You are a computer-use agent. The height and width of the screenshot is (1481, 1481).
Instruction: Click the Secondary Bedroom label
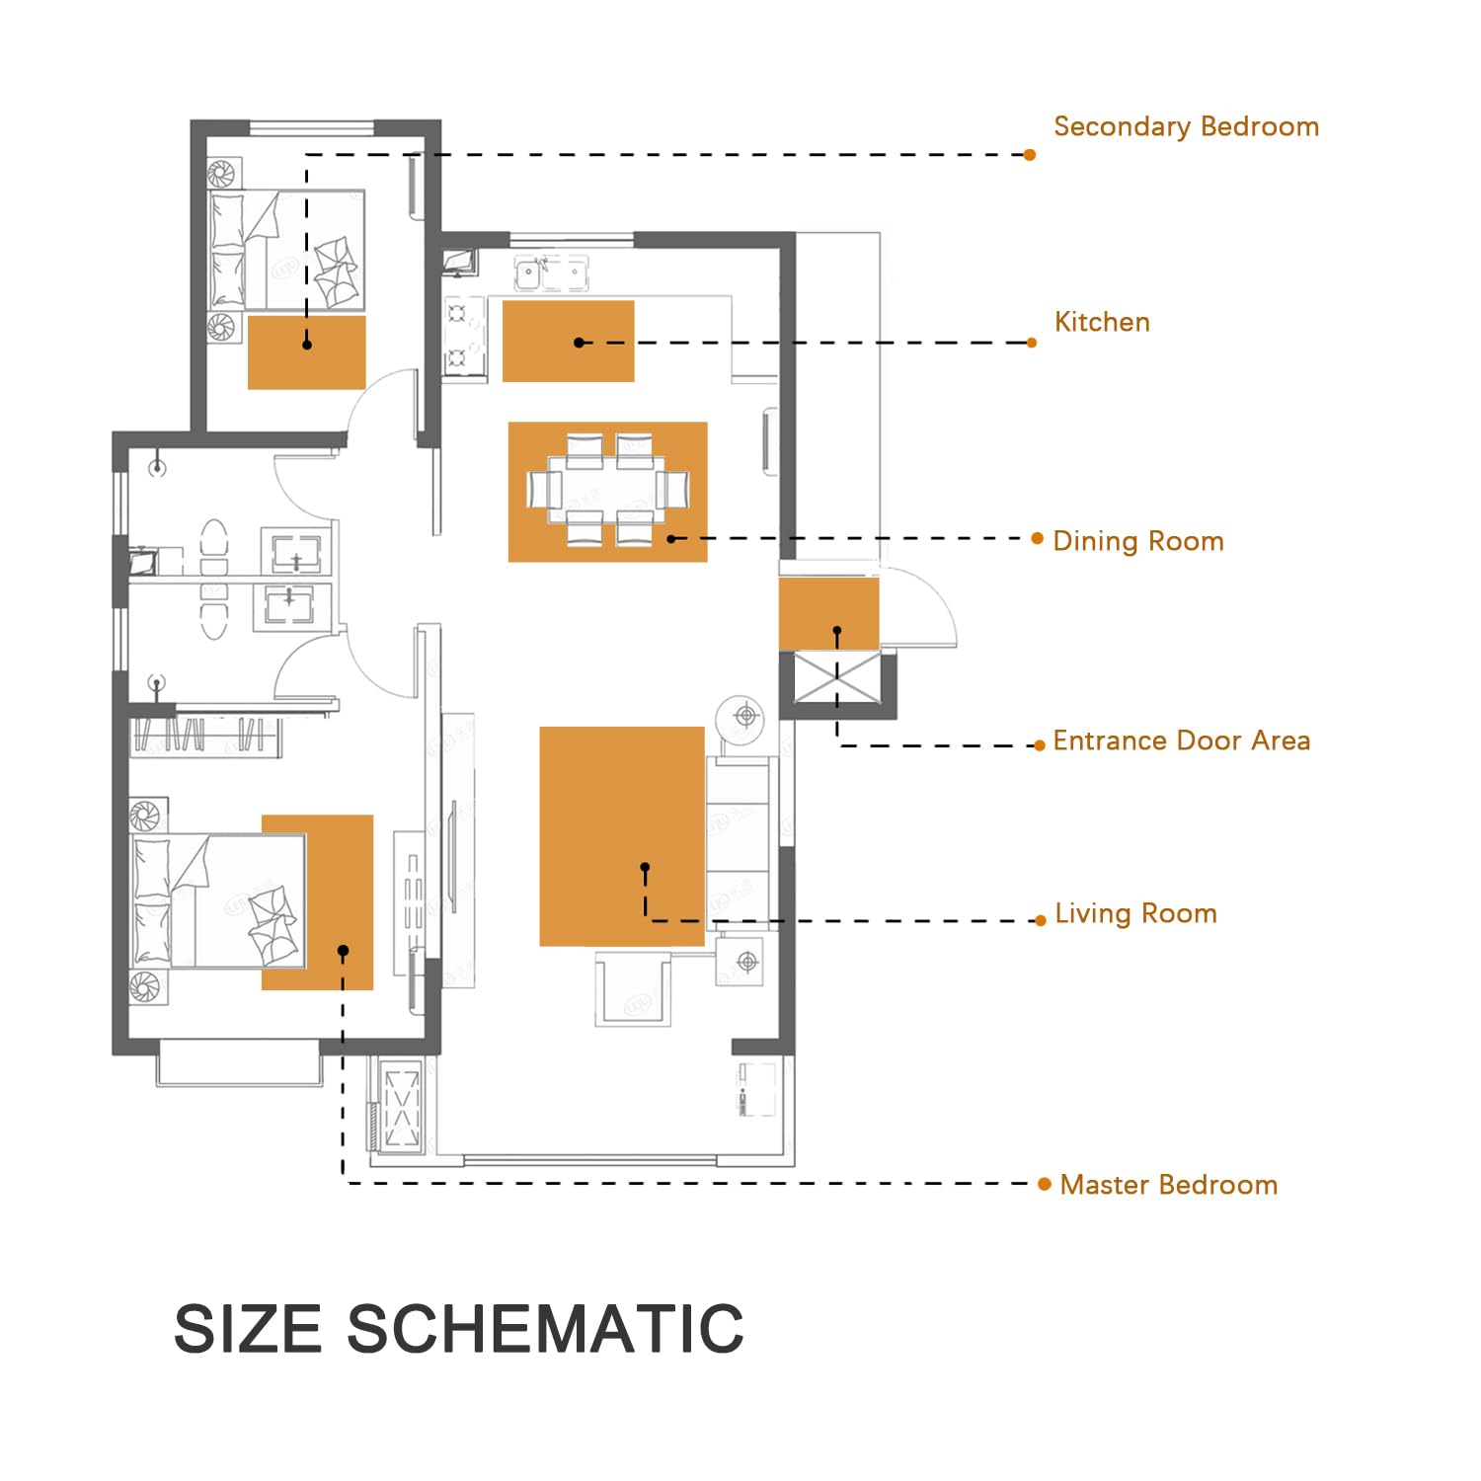1186,127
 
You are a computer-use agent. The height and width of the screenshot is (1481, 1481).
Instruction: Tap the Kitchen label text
1102,322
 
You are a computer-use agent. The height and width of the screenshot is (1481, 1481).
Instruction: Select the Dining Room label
1138,541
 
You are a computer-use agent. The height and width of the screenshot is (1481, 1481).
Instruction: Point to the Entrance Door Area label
1182,740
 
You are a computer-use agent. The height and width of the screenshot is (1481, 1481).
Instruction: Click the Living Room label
1135,913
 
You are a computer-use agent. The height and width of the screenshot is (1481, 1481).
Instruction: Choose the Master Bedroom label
1169,1185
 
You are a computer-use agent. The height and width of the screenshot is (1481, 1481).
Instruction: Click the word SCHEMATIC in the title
545,1328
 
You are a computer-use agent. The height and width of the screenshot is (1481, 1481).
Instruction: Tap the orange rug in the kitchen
569,342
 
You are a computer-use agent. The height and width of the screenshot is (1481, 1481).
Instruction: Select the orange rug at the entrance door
829,614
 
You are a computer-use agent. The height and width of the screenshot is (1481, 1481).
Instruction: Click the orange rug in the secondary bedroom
307,352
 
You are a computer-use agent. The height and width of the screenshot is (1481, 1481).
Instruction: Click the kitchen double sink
552,273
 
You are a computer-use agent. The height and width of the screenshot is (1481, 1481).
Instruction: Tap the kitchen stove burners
464,337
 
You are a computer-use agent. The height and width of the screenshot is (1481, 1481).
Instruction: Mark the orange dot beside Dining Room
1037,538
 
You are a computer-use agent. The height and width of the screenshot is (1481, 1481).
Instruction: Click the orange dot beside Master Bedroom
1045,1184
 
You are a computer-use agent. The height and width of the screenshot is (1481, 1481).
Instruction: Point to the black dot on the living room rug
645,867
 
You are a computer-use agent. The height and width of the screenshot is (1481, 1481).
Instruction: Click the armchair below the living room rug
633,988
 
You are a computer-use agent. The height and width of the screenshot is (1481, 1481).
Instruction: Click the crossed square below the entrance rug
837,678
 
